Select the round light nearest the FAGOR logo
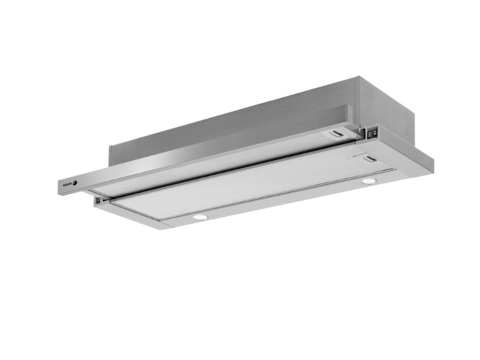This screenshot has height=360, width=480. [x=200, y=217]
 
